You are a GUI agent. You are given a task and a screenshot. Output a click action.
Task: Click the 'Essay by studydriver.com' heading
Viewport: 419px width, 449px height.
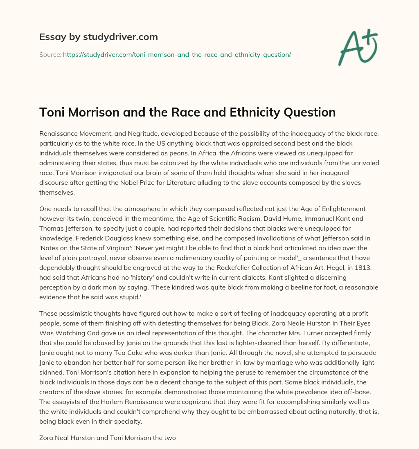coord(98,37)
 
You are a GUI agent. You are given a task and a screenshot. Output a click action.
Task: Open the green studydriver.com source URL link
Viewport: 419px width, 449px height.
coord(177,54)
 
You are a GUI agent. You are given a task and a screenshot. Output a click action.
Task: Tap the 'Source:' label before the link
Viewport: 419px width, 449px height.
coord(50,54)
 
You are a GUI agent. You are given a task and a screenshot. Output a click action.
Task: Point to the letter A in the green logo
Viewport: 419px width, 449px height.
coord(350,48)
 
